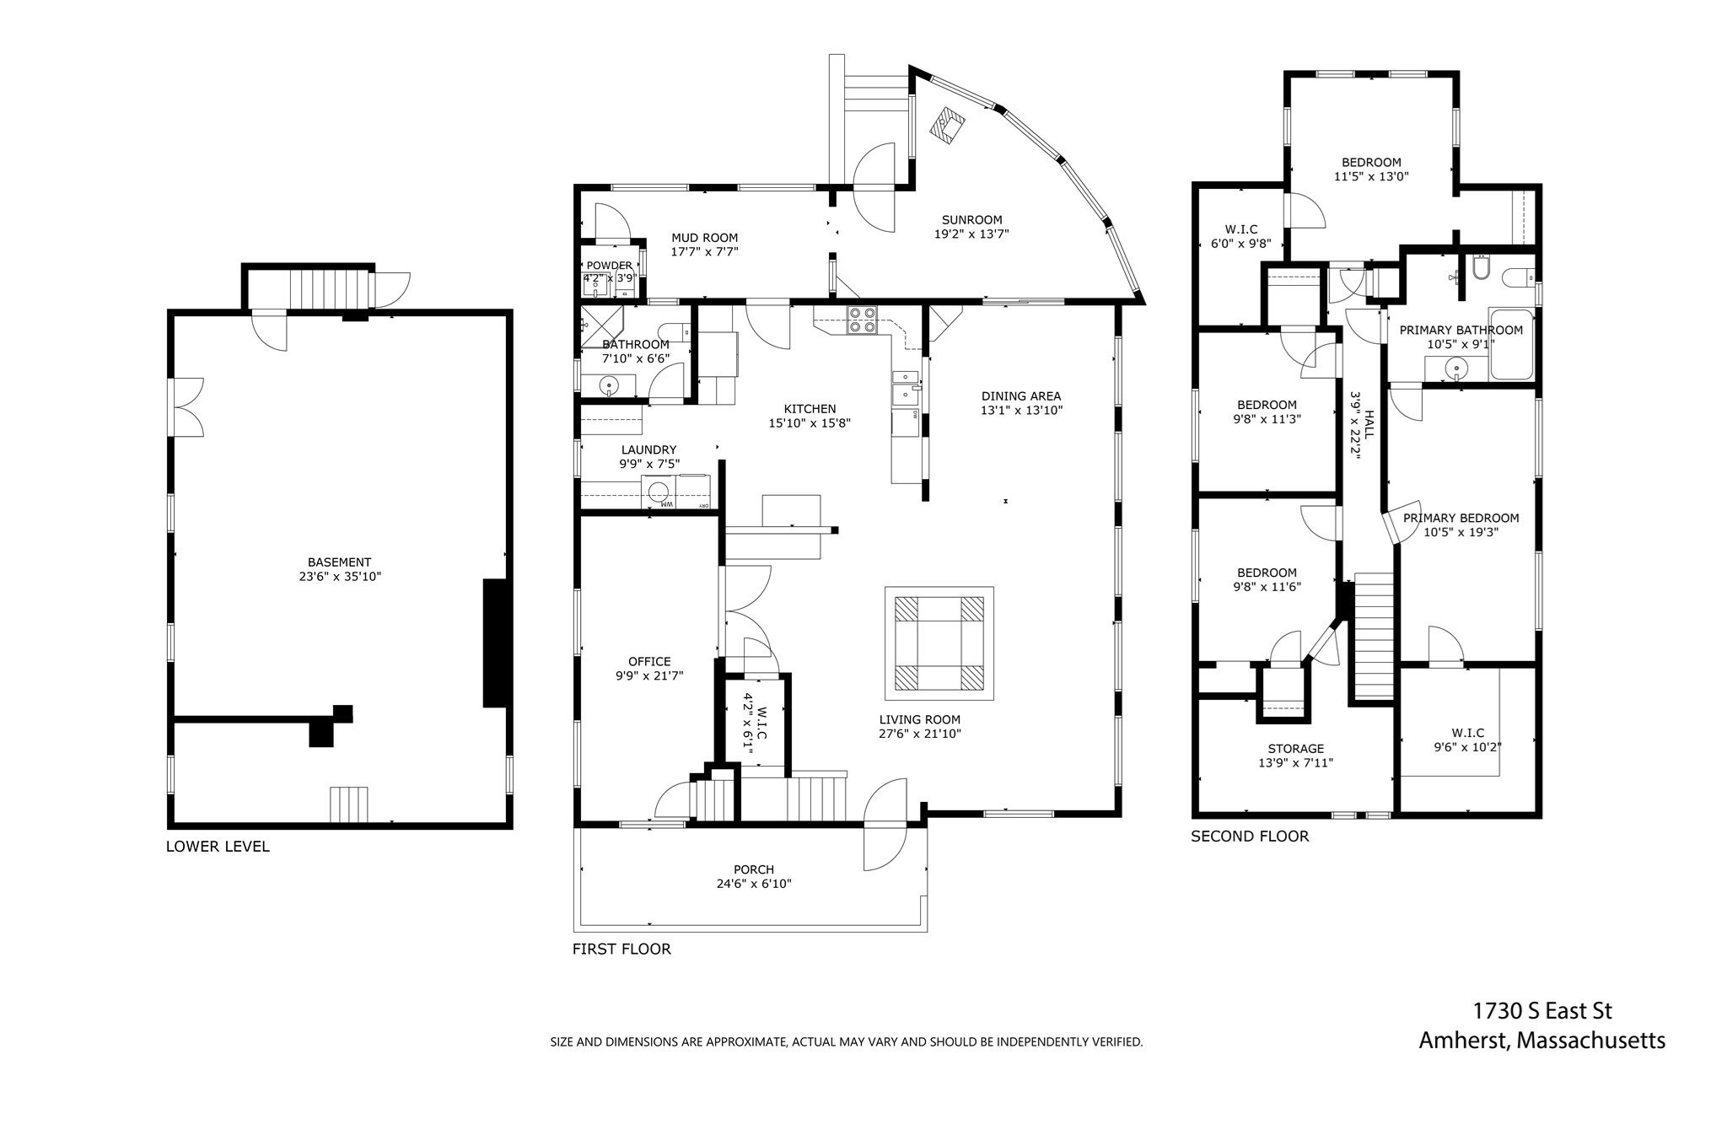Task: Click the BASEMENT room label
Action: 339,562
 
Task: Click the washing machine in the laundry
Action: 658,492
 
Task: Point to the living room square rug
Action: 939,643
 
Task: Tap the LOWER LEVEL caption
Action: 218,847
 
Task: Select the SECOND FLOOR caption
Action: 1250,836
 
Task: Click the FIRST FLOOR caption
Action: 621,949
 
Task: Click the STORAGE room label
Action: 1295,749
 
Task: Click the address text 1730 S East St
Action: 1541,1010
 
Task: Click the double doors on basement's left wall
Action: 186,407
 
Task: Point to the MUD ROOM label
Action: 704,238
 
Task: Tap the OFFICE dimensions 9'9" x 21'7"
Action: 649,675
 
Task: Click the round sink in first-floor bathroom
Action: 610,386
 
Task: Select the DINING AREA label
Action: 1020,396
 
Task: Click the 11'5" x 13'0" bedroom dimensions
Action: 1370,177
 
